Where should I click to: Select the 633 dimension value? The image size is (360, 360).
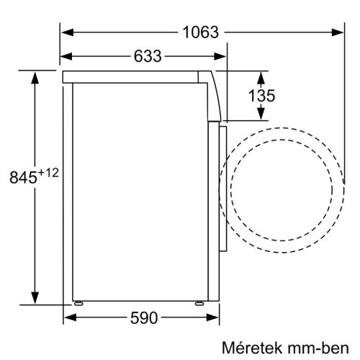[x=146, y=56]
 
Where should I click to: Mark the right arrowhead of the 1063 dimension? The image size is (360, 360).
[x=338, y=32]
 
